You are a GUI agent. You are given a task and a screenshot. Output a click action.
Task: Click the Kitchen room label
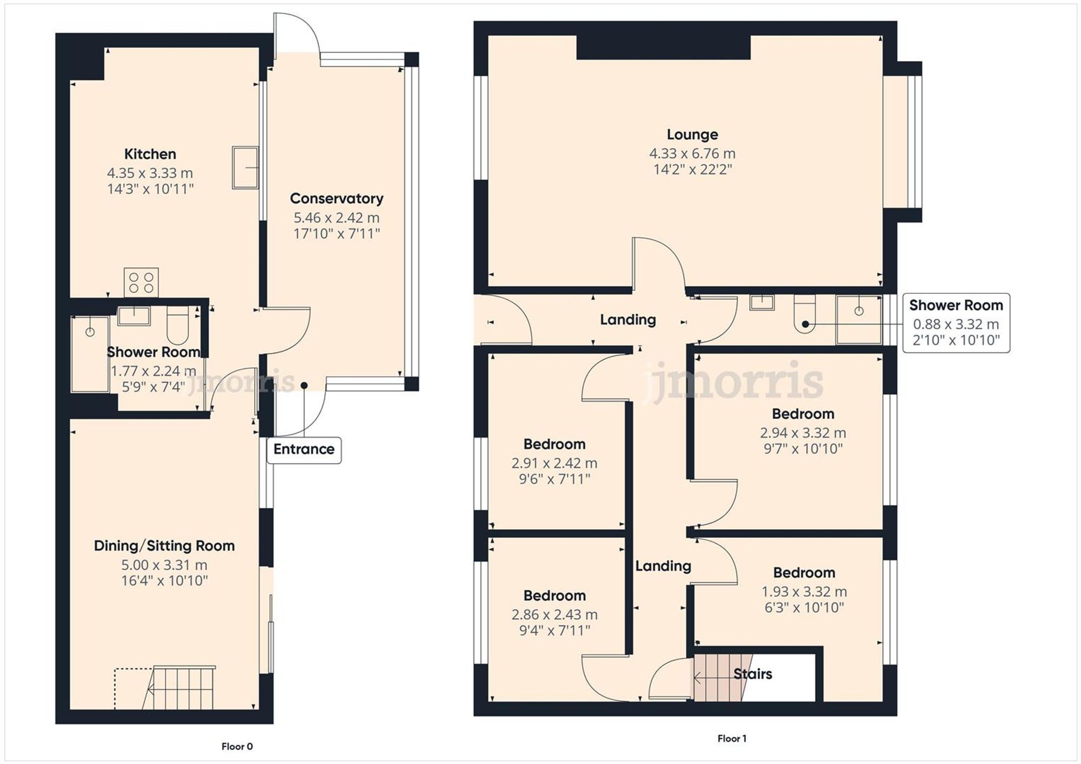pyautogui.click(x=150, y=154)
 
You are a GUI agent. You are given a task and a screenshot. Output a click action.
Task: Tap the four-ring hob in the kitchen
pyautogui.click(x=141, y=282)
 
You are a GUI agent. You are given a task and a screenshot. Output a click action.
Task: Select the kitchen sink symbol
pyautogui.click(x=245, y=167)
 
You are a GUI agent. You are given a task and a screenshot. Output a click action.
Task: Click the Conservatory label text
pyautogui.click(x=336, y=199)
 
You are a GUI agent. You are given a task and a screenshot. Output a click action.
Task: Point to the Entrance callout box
pyautogui.click(x=304, y=450)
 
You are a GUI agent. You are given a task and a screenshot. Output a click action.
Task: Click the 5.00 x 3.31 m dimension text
pyautogui.click(x=164, y=565)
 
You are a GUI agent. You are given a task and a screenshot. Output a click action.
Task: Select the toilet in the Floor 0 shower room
pyautogui.click(x=177, y=325)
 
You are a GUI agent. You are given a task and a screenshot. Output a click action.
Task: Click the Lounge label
pyautogui.click(x=692, y=134)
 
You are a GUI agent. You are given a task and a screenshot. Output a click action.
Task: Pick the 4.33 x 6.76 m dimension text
pyautogui.click(x=692, y=154)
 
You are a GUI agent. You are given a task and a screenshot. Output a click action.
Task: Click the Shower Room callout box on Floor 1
pyautogui.click(x=956, y=323)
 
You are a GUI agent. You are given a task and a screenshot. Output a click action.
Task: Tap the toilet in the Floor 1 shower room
pyautogui.click(x=804, y=313)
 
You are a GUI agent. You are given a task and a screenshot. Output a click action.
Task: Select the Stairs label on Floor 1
pyautogui.click(x=752, y=674)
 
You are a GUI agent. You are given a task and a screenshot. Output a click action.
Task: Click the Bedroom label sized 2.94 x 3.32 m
pyautogui.click(x=803, y=414)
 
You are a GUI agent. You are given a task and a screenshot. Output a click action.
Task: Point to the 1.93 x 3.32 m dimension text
pyautogui.click(x=804, y=592)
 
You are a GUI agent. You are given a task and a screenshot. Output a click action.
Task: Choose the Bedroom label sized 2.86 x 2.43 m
pyautogui.click(x=554, y=596)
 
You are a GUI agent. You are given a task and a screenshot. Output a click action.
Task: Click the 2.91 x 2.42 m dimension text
pyautogui.click(x=554, y=463)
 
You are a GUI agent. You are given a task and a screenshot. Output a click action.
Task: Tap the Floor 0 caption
pyautogui.click(x=237, y=747)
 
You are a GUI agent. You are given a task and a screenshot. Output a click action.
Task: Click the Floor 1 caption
pyautogui.click(x=732, y=739)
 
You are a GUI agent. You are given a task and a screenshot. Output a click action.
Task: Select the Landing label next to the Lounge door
pyautogui.click(x=628, y=320)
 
